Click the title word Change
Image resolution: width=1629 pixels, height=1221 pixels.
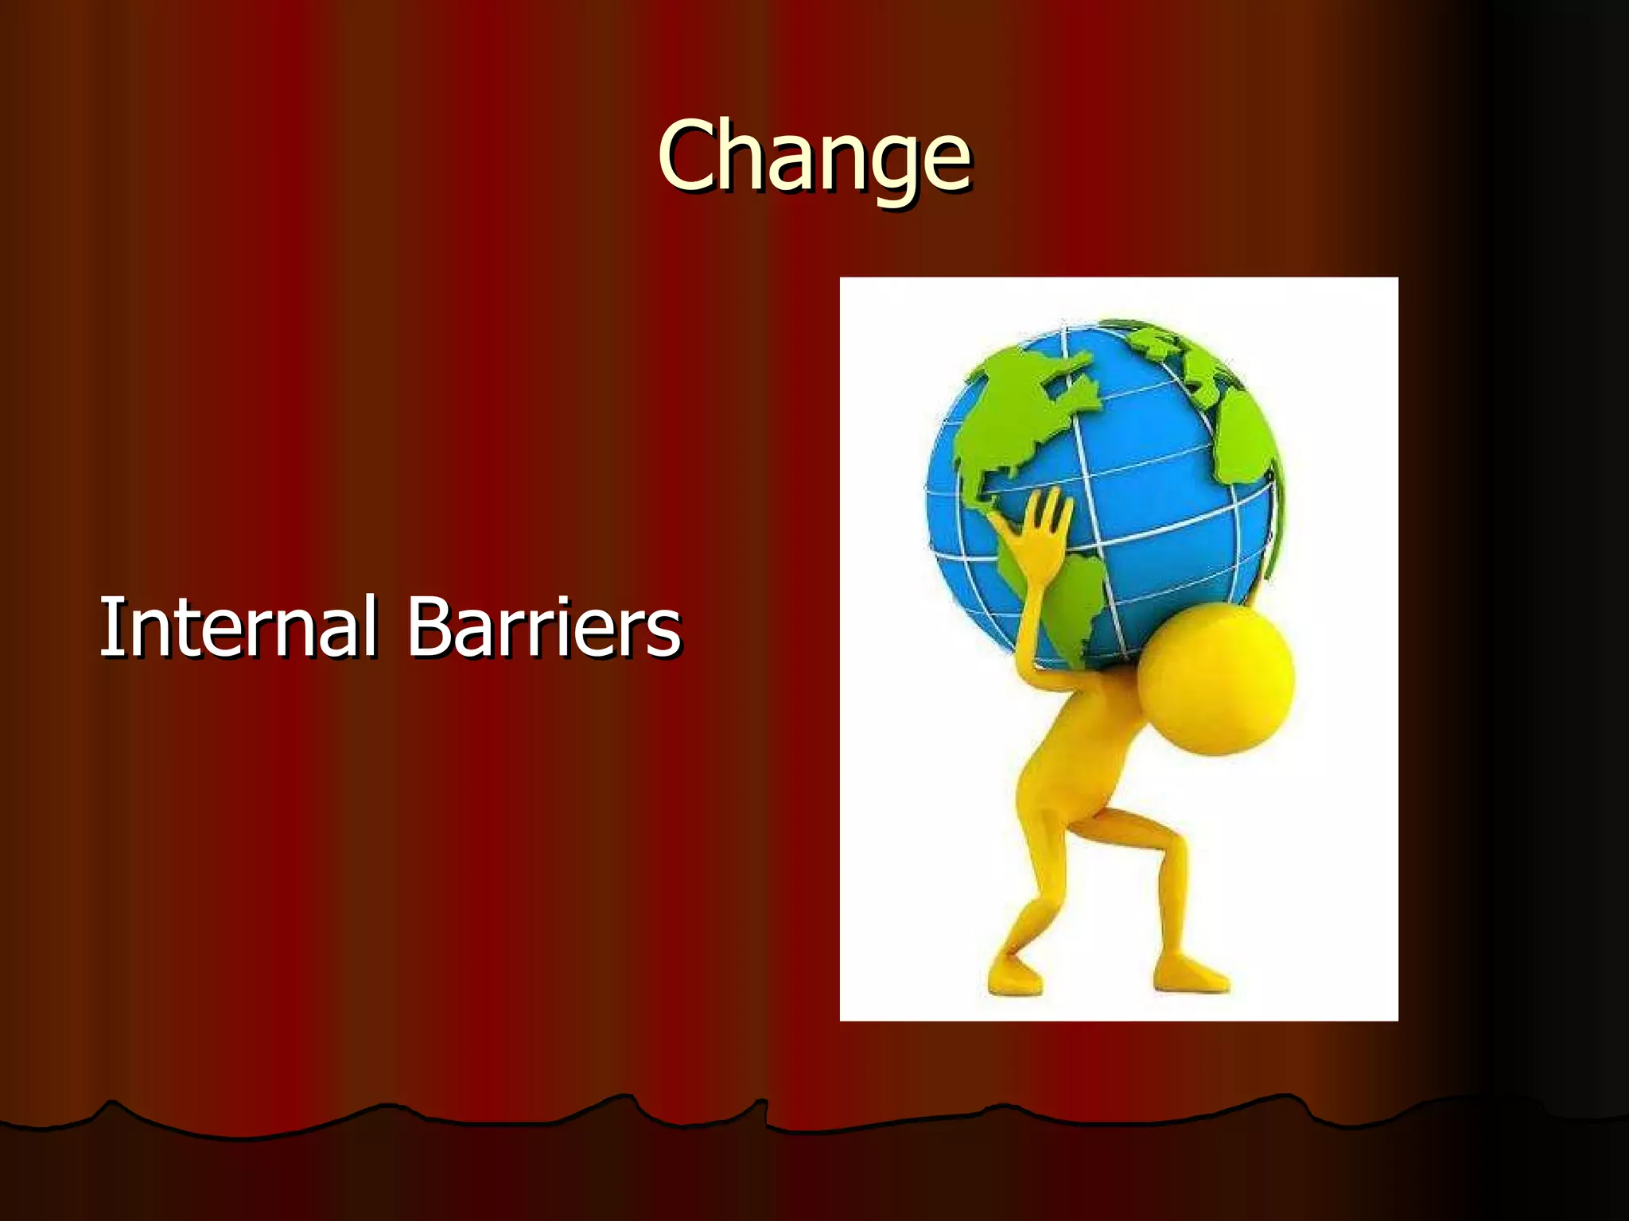coord(814,156)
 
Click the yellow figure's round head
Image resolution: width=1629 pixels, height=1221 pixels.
coord(1215,679)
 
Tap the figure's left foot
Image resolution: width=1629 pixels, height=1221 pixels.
coord(1013,975)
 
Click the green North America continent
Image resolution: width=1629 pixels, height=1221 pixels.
coord(1018,413)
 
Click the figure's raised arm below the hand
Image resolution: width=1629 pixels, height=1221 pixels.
coord(1031,604)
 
